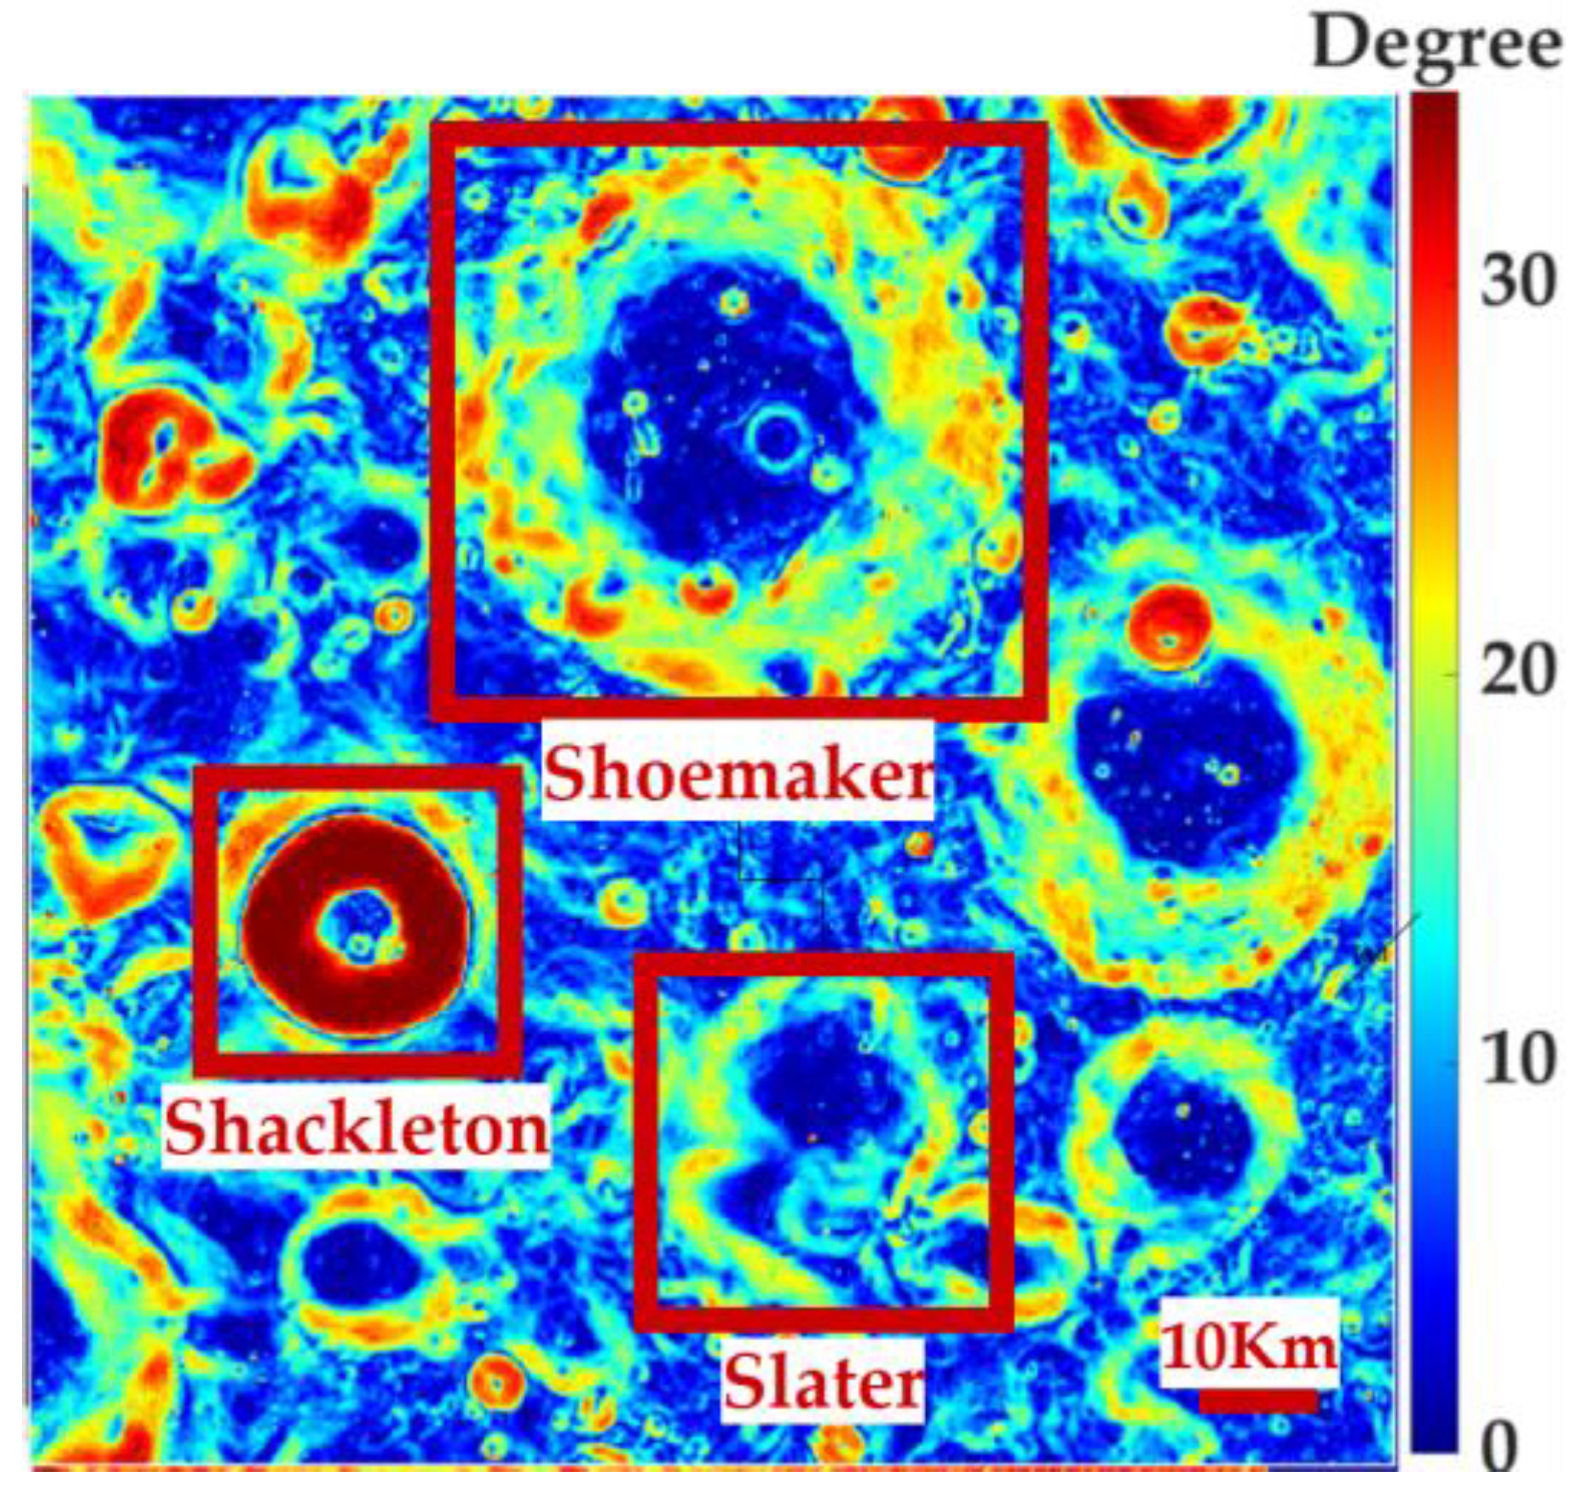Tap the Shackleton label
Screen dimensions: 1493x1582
click(356, 1128)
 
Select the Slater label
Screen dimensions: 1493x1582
click(823, 1382)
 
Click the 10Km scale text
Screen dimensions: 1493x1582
click(1248, 1346)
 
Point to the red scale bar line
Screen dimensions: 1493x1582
click(1257, 1401)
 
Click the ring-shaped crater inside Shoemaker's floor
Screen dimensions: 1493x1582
click(776, 438)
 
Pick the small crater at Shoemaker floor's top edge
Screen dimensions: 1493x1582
click(733, 303)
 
